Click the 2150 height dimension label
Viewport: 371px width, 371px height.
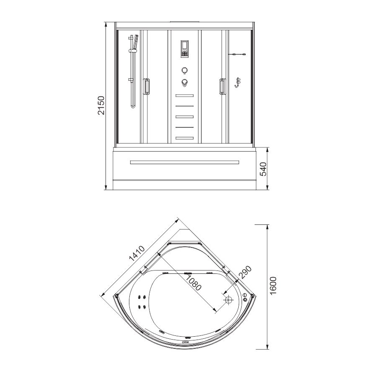(101, 105)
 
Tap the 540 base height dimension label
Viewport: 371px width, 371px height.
(263, 169)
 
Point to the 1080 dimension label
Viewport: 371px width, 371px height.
(193, 283)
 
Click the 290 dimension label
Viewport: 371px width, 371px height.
(245, 272)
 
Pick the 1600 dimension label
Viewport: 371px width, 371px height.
(273, 286)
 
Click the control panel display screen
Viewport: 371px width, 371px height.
(185, 49)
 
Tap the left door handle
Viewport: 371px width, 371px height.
(146, 87)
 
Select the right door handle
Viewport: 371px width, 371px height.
(222, 87)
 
